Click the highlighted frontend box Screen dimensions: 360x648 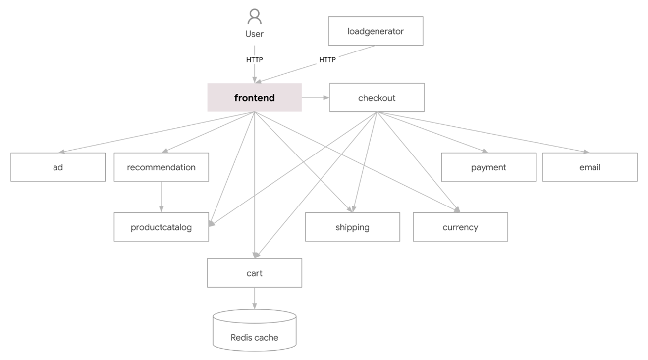click(254, 98)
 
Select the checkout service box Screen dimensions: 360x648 click(377, 98)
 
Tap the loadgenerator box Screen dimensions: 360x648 click(376, 31)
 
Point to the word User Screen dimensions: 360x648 click(254, 34)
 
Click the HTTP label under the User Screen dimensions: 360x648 click(254, 60)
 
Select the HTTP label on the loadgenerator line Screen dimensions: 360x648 click(327, 60)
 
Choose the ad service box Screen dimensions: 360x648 click(58, 167)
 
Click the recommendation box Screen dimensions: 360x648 click(161, 167)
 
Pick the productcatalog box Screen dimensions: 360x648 click(161, 227)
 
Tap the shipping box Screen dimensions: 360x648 click(352, 227)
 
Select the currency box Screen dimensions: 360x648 click(460, 227)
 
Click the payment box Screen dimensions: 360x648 click(488, 167)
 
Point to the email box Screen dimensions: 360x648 click(590, 167)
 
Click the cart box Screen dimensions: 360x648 click(254, 273)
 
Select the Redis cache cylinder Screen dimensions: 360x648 click(254, 332)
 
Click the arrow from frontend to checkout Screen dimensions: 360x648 click(316, 98)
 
